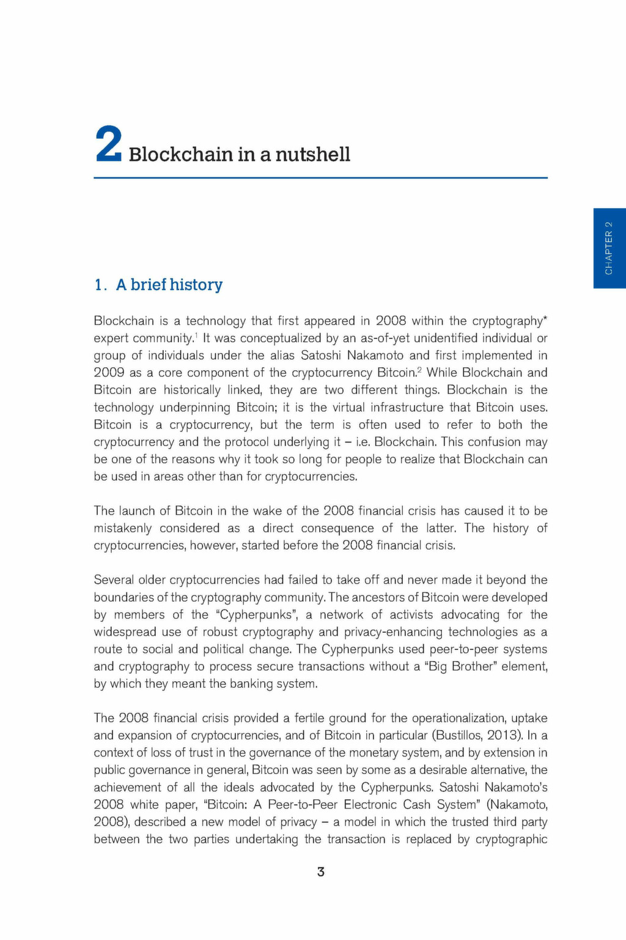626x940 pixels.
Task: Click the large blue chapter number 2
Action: click(x=109, y=145)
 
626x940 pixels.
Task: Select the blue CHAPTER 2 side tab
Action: click(x=609, y=248)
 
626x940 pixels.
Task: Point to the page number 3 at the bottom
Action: click(x=321, y=872)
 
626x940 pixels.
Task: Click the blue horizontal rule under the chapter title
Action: click(x=320, y=178)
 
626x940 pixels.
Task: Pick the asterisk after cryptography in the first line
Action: click(x=545, y=318)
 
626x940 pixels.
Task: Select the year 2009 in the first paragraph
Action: click(x=109, y=373)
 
